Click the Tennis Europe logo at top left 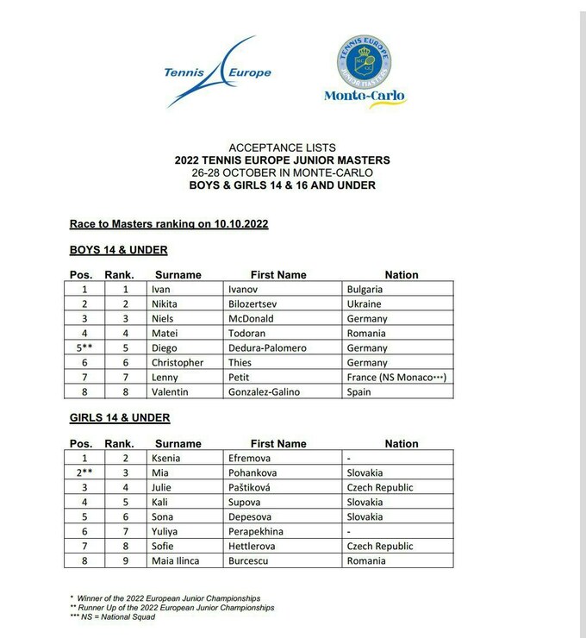(215, 72)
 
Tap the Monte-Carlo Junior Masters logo (364, 72)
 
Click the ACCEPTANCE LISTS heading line (282, 147)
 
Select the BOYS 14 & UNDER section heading (118, 250)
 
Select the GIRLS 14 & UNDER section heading (119, 418)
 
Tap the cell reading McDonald (254, 319)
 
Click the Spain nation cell (358, 392)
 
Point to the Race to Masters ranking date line (169, 224)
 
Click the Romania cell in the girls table (366, 561)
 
